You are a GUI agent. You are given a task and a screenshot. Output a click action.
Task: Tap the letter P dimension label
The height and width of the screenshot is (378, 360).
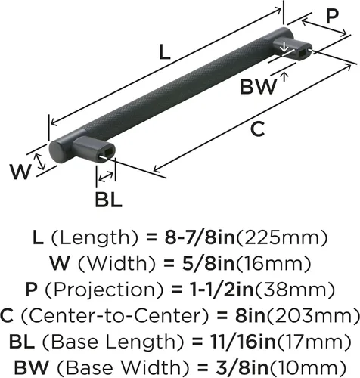333,16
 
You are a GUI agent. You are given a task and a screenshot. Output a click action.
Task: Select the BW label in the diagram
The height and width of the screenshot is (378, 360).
258,86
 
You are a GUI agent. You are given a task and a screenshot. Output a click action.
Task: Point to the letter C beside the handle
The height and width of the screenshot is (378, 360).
258,129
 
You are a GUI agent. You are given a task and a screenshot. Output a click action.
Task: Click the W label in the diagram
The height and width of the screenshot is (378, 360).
20,172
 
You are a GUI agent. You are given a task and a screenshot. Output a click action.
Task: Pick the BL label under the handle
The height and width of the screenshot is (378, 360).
108,200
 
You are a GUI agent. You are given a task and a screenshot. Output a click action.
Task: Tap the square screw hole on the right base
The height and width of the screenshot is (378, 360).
302,51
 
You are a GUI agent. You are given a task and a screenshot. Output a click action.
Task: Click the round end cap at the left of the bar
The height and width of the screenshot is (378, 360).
57,152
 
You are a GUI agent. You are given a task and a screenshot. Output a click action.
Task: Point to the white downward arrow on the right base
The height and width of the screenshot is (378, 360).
284,47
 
